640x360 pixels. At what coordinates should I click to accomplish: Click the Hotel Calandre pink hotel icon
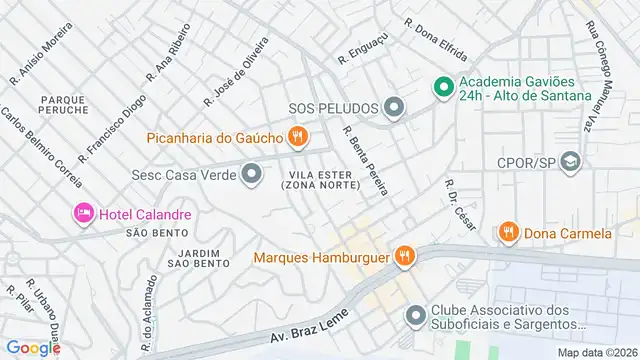(x=82, y=213)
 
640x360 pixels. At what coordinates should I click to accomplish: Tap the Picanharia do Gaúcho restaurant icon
(x=296, y=136)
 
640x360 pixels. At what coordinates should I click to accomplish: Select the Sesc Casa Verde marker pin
(x=251, y=175)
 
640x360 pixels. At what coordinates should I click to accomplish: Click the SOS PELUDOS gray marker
(x=394, y=107)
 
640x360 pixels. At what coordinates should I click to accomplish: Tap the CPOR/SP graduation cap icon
(x=570, y=162)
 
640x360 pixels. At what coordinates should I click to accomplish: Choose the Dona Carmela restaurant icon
(x=508, y=233)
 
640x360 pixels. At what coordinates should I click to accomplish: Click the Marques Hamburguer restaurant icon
(x=405, y=257)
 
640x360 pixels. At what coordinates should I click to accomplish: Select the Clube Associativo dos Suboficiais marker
(x=416, y=316)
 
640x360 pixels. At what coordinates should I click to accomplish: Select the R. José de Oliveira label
(x=236, y=71)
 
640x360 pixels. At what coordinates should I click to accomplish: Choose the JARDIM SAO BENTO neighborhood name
(x=198, y=257)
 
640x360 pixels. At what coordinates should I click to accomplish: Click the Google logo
(x=33, y=347)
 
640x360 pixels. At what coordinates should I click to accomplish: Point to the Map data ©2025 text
(x=596, y=352)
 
